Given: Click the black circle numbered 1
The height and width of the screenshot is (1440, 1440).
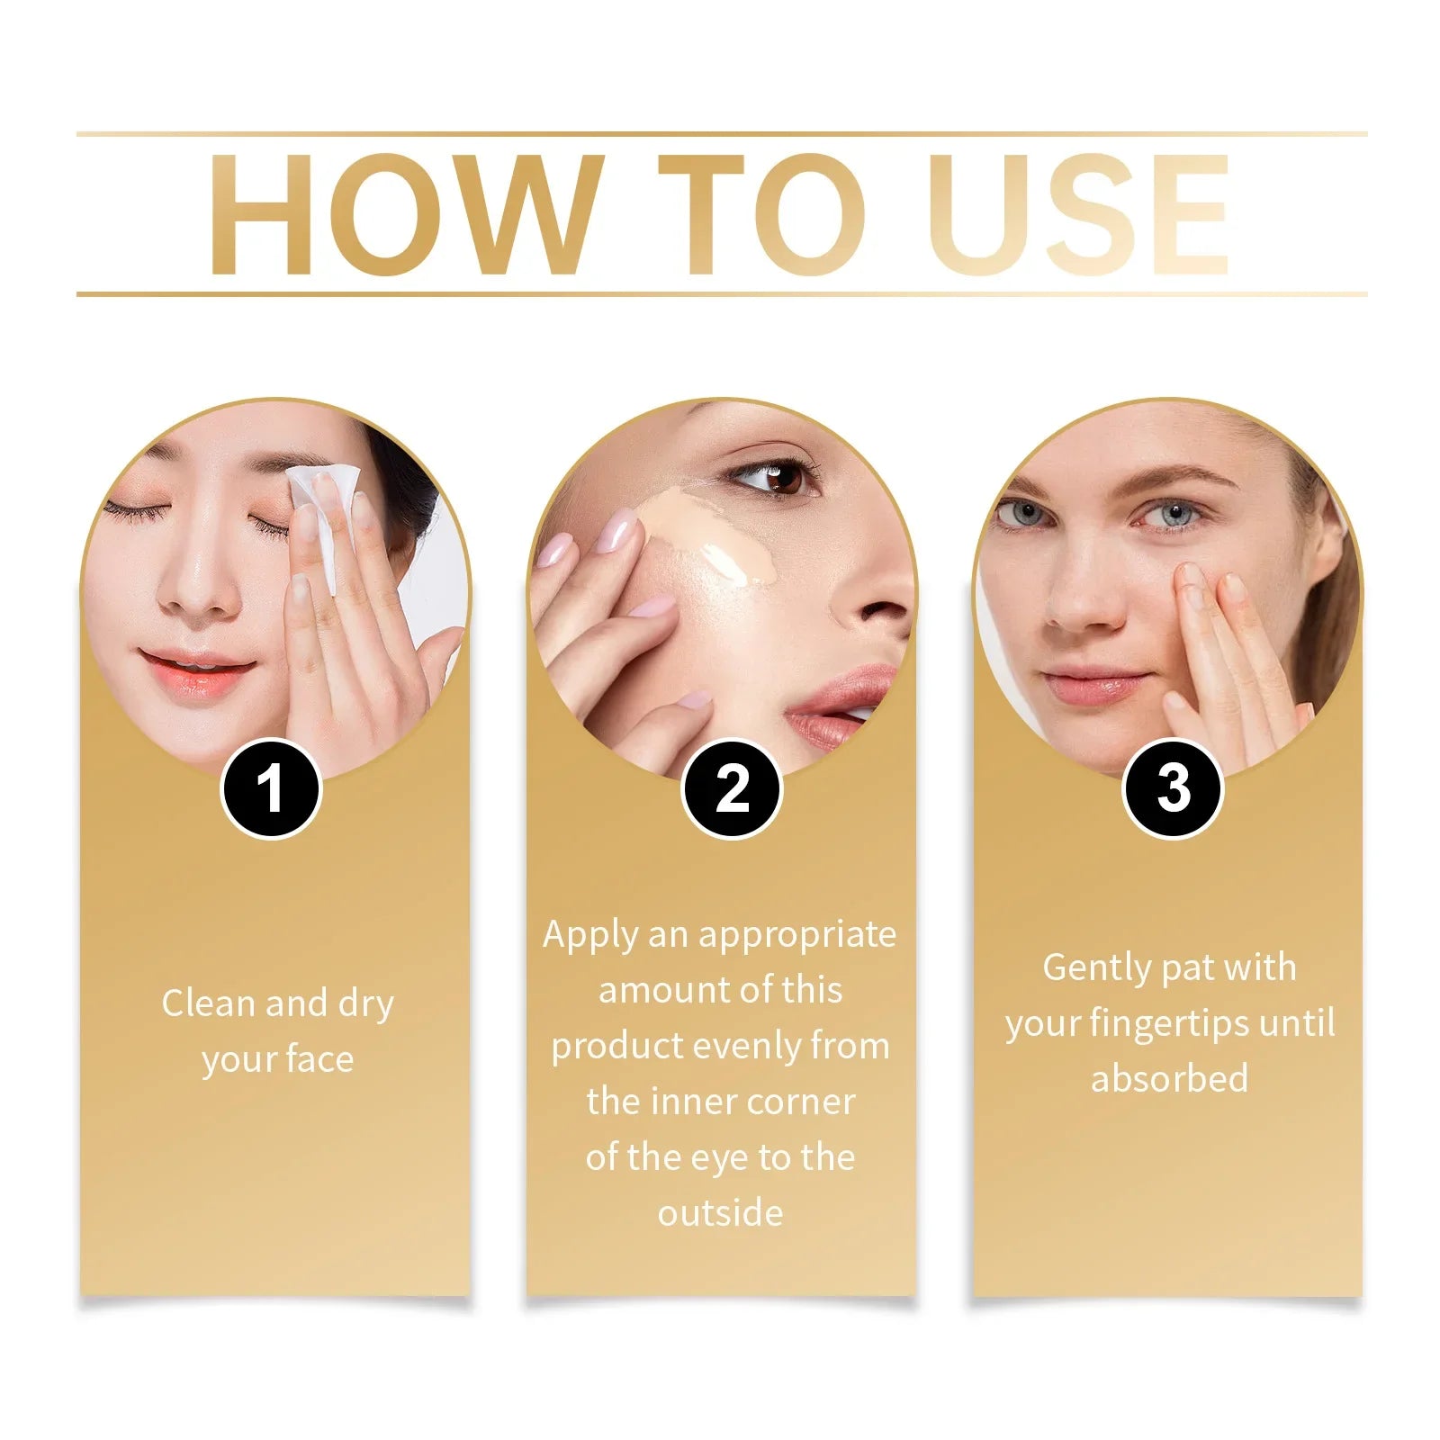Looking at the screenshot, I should tap(271, 789).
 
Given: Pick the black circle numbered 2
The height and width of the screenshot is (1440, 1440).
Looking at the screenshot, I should tap(732, 789).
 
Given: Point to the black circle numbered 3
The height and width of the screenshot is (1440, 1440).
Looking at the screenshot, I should tap(1172, 789).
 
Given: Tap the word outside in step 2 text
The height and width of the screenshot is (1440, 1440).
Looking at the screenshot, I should tap(720, 1213).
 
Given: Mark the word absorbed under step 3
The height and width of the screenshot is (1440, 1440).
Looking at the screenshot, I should tap(1169, 1078).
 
